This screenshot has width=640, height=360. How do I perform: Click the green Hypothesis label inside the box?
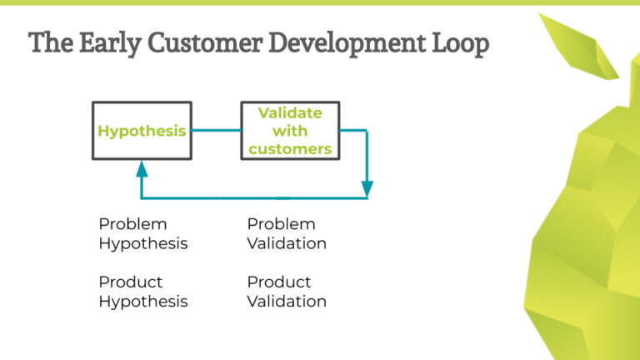coord(142,131)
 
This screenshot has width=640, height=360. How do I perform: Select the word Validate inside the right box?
coord(289,112)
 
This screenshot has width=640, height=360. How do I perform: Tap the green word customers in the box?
coord(289,149)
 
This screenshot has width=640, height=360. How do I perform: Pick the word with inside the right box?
coord(289,131)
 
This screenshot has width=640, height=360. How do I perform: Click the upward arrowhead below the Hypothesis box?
coord(142,169)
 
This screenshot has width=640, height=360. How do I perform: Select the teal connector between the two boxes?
coord(216,131)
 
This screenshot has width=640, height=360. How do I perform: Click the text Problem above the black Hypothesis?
coord(132,224)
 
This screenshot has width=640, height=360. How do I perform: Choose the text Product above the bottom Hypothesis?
coord(131,282)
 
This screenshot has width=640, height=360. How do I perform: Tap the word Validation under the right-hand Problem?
coord(287,243)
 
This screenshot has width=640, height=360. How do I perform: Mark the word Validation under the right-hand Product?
coord(287,301)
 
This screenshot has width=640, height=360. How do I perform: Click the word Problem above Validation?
coord(281,224)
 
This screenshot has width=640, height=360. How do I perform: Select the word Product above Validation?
coord(279,282)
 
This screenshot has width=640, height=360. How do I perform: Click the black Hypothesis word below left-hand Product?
coord(143,301)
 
